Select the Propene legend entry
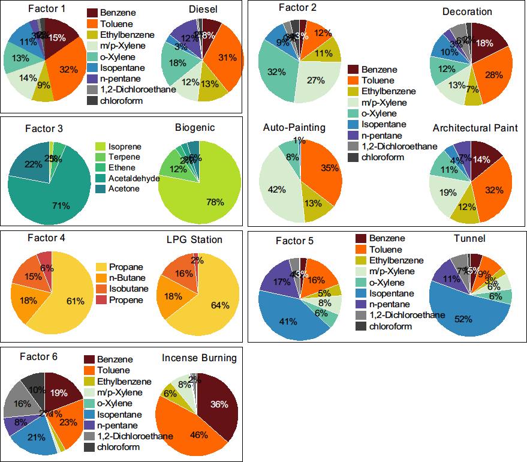pyautogui.click(x=126, y=299)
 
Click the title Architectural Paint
pyautogui.click(x=475, y=128)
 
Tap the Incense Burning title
pyautogui.click(x=199, y=358)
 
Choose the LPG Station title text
pyautogui.click(x=194, y=239)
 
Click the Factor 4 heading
pyautogui.click(x=47, y=238)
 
